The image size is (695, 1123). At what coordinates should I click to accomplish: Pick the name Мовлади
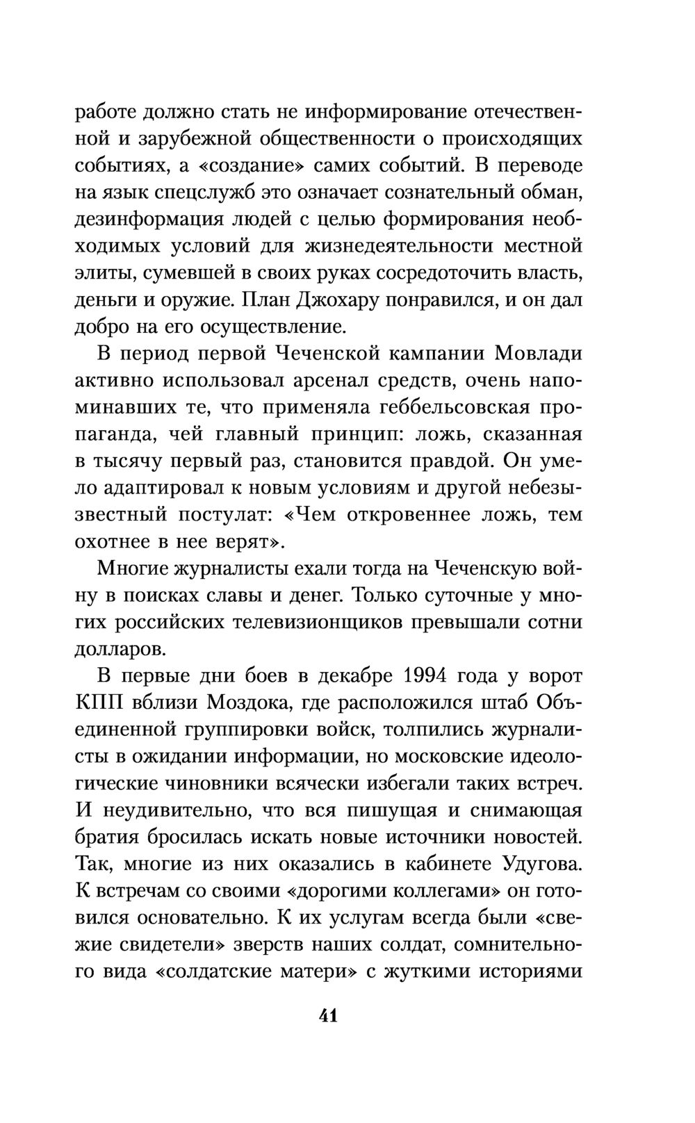[538, 354]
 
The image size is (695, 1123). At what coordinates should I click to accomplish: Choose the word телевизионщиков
[329, 623]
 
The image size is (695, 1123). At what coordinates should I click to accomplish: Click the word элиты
[103, 274]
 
